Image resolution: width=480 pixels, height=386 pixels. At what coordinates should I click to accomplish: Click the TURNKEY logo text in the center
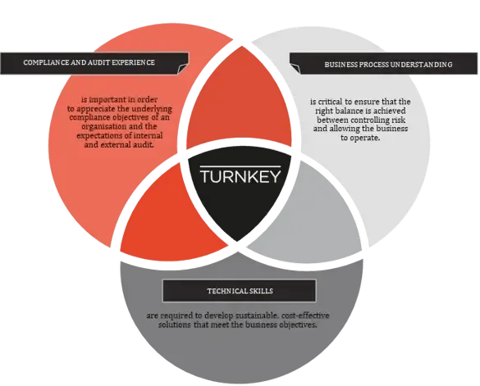click(x=240, y=176)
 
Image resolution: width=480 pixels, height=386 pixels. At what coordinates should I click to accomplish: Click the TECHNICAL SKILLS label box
click(x=239, y=291)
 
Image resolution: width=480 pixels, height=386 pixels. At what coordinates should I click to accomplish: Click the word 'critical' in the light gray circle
click(x=330, y=102)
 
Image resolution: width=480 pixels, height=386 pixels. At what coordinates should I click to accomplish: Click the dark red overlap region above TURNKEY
click(x=239, y=101)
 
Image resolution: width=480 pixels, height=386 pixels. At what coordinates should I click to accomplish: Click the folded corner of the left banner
click(x=183, y=69)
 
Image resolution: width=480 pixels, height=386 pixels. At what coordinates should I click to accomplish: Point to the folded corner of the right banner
click(x=295, y=69)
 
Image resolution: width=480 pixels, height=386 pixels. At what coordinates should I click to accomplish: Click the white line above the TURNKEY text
click(x=240, y=166)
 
